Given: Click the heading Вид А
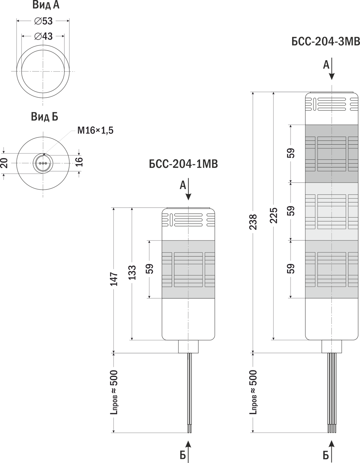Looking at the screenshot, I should click(46, 5).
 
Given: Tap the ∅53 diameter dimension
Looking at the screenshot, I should click(43, 21).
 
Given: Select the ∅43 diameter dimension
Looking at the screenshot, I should click(43, 36).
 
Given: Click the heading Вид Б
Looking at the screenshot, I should click(44, 117).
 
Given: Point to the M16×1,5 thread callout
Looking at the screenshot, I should click(95, 130).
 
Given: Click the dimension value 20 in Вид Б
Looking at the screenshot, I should click(5, 163).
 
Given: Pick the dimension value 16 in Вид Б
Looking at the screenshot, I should click(79, 162).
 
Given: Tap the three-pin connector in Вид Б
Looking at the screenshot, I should click(42, 164).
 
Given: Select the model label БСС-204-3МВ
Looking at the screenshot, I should click(326, 41).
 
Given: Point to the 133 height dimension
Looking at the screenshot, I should click(132, 274).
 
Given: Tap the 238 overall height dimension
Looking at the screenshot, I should click(253, 222).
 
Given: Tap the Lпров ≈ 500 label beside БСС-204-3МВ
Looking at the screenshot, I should click(253, 392).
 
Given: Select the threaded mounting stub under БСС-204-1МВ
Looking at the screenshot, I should click(188, 346).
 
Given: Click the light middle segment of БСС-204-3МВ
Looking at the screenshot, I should click(332, 211).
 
